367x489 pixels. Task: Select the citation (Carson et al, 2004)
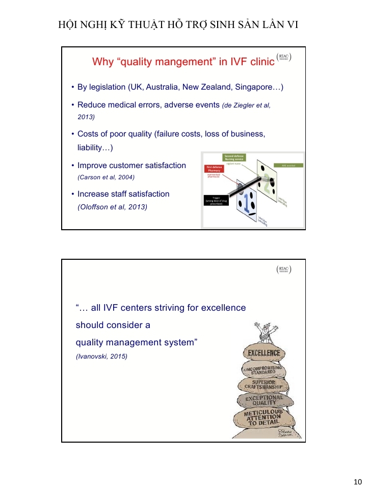106,177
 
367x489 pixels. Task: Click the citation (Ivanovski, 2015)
101,356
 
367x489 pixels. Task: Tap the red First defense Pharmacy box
214,169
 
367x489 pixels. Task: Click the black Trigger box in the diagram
215,200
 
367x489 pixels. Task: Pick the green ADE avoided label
289,165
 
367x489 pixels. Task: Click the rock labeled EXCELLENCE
264,353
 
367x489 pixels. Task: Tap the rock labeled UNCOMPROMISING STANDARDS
264,369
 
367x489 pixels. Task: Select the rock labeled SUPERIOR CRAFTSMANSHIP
264,384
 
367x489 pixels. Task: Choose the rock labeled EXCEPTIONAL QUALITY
264,400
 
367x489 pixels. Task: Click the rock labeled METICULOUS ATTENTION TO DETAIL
263,418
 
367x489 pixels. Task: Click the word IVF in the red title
232,62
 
